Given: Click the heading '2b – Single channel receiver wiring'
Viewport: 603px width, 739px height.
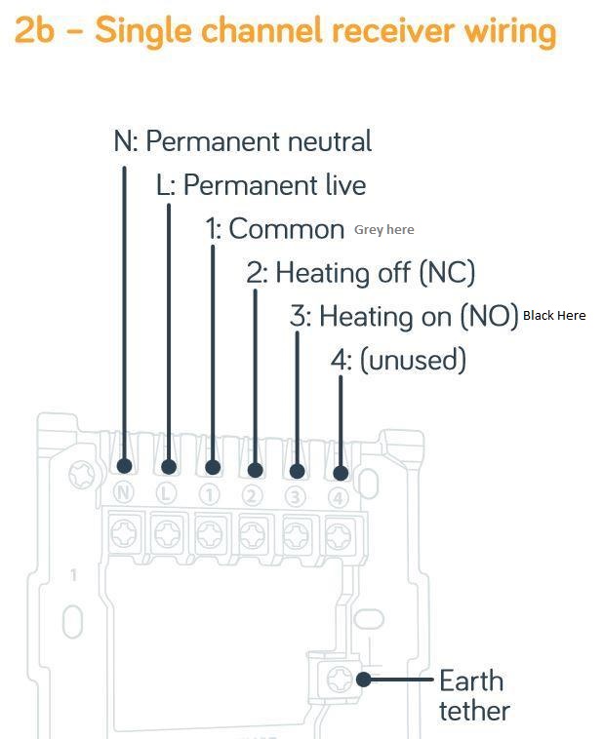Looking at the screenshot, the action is [x=286, y=31].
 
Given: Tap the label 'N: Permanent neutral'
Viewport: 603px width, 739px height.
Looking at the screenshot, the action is [x=243, y=141].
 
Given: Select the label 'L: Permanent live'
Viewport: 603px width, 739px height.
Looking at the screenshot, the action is [x=261, y=185].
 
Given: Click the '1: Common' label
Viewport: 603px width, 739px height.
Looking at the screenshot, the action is [x=275, y=229].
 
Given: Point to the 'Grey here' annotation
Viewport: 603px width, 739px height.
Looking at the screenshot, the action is [x=384, y=230].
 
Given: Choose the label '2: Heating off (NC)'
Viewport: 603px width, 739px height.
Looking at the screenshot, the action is [x=360, y=273].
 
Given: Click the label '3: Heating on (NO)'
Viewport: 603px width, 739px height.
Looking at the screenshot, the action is [x=404, y=316].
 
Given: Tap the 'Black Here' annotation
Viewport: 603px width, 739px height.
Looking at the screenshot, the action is [x=554, y=315].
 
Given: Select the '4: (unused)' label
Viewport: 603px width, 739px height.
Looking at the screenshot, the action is [x=398, y=360].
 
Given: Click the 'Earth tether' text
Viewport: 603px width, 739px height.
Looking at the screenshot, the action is [x=474, y=696].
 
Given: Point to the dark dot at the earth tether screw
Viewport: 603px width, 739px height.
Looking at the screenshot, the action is [x=364, y=680].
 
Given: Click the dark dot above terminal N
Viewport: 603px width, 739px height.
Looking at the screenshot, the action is [x=124, y=466].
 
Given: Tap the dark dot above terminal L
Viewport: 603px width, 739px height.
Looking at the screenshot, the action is [x=169, y=467].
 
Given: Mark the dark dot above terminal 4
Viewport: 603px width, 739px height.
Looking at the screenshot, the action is [x=341, y=473].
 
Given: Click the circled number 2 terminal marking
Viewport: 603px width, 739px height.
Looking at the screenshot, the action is [x=252, y=496].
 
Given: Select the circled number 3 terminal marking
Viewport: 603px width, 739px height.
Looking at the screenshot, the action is [x=295, y=497].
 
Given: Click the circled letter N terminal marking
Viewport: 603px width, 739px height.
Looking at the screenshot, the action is [x=124, y=493].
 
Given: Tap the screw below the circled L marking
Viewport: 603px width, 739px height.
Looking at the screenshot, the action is [x=168, y=534].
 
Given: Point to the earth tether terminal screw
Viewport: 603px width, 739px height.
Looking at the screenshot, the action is [x=340, y=680].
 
